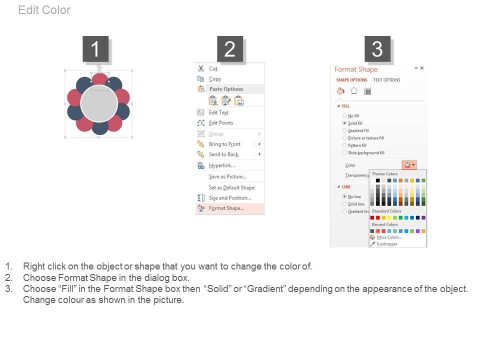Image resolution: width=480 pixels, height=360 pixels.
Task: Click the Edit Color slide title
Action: (x=44, y=10)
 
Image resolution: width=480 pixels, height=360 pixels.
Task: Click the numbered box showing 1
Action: (x=95, y=49)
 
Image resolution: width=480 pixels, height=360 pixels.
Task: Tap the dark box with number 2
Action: (x=230, y=49)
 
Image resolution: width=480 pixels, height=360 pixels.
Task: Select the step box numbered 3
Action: (x=377, y=49)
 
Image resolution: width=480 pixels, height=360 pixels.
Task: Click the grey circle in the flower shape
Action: (x=99, y=103)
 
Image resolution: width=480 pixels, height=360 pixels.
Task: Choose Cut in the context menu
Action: (x=213, y=68)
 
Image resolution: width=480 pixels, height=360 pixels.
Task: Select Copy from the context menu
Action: (x=214, y=79)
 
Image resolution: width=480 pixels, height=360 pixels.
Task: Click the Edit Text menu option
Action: (x=218, y=112)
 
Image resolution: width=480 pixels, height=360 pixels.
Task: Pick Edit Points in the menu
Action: (x=220, y=123)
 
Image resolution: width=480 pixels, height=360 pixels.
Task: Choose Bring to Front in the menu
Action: (x=224, y=144)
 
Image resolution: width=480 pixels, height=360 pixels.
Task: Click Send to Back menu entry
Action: (x=223, y=154)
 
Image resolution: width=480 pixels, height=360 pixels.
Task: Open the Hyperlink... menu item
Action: (x=221, y=165)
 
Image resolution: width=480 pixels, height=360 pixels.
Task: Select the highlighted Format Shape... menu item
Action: (x=226, y=208)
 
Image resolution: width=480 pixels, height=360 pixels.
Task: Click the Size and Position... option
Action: (x=229, y=198)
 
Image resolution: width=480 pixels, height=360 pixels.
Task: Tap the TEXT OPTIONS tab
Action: (x=386, y=80)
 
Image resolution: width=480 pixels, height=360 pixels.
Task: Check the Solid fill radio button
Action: (x=344, y=123)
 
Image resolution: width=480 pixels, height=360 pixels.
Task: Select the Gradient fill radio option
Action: (x=344, y=130)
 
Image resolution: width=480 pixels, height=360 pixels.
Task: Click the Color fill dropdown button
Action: (x=409, y=165)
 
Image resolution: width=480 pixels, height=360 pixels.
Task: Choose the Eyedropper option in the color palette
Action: (x=386, y=244)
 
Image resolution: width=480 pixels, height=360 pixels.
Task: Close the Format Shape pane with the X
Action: (x=422, y=68)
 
